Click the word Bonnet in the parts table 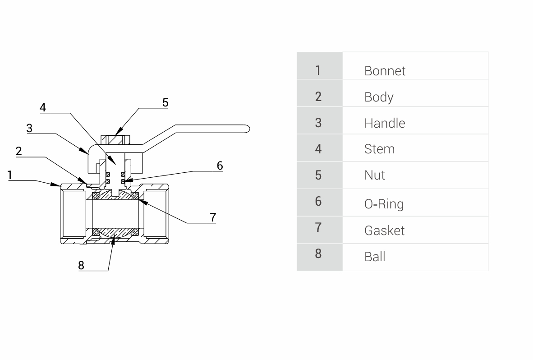pyautogui.click(x=385, y=71)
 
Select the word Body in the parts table pyautogui.click(x=379, y=97)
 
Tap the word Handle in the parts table pyautogui.click(x=385, y=123)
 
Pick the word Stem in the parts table pyautogui.click(x=379, y=149)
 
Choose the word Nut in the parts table pyautogui.click(x=374, y=175)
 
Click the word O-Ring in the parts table pyautogui.click(x=384, y=204)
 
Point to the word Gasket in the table pyautogui.click(x=384, y=231)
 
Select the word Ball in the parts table pyautogui.click(x=375, y=257)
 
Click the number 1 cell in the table pyautogui.click(x=318, y=70)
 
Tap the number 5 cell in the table pyautogui.click(x=318, y=175)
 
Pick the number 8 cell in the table pyautogui.click(x=318, y=254)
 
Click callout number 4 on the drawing pyautogui.click(x=43, y=107)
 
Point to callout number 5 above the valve pyautogui.click(x=165, y=102)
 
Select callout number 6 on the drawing pyautogui.click(x=220, y=166)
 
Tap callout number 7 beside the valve pyautogui.click(x=213, y=217)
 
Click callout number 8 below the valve pyautogui.click(x=81, y=265)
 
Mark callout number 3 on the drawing pyautogui.click(x=29, y=128)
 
